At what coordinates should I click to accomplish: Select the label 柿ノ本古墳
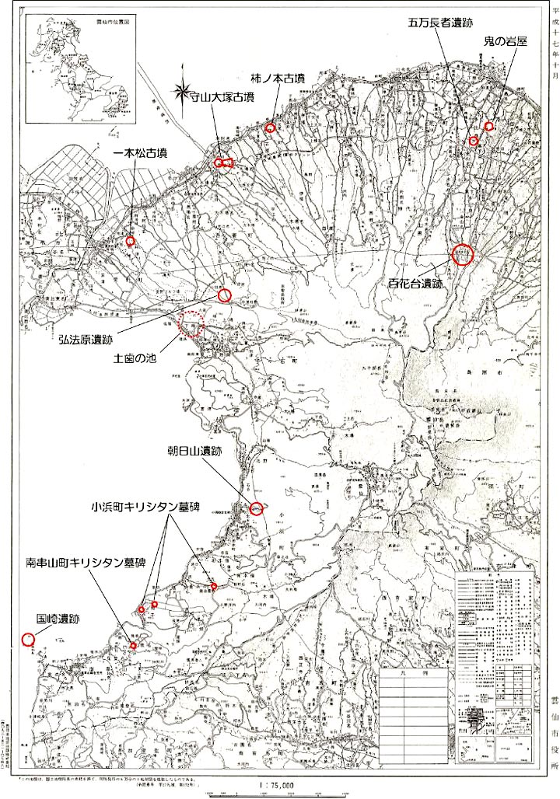278,78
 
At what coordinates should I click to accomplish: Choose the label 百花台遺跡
415,284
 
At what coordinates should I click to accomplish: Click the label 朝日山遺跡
201,450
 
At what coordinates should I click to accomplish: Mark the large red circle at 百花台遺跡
462,254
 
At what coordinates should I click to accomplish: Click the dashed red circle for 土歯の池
191,323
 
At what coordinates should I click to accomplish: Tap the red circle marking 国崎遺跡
28,639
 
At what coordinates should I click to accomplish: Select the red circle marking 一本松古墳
131,241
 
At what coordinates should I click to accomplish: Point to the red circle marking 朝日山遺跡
256,509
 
